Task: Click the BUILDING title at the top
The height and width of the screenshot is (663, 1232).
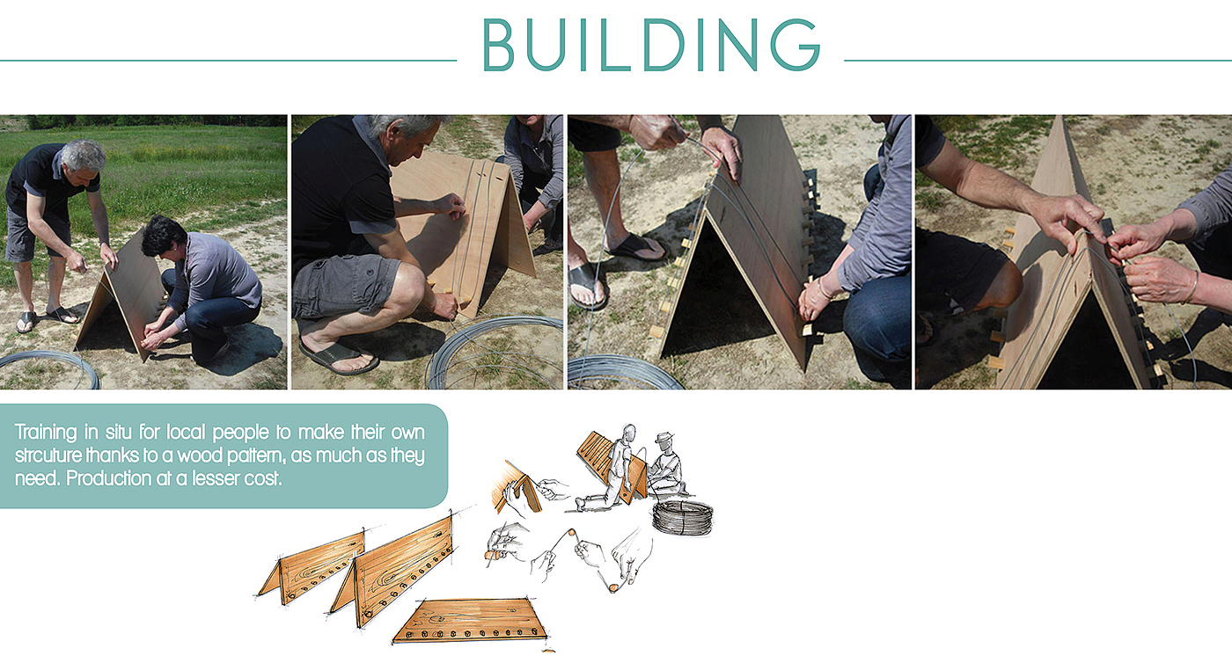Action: click(651, 45)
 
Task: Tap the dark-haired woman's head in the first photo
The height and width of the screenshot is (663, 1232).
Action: click(160, 236)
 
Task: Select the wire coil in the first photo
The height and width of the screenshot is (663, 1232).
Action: click(49, 369)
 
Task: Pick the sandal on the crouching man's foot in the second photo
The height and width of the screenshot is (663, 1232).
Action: click(339, 357)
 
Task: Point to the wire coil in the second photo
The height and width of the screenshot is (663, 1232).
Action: click(494, 352)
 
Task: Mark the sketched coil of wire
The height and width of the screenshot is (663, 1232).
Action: click(683, 517)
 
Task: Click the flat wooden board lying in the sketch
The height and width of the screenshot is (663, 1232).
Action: click(471, 620)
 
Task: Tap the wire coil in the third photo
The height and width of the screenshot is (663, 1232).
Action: click(624, 373)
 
